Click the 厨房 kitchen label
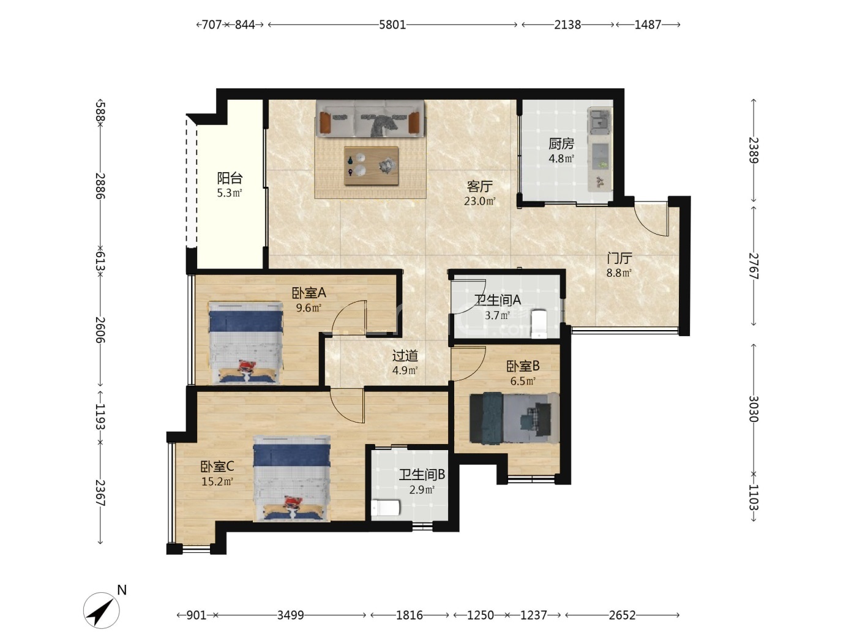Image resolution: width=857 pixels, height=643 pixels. coord(561,144)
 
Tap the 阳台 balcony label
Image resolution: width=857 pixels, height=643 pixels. coord(230,178)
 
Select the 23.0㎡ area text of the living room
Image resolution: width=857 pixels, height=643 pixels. coord(479,201)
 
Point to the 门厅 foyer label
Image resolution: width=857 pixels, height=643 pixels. coord(619,258)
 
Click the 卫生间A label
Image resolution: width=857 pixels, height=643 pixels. coord(498,300)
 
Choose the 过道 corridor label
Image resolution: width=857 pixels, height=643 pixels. coord(405,355)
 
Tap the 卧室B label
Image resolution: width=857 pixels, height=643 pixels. coord(523,366)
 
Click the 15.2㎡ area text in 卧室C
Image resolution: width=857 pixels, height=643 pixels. coord(217,481)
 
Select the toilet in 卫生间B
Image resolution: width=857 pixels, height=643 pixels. coord(386,508)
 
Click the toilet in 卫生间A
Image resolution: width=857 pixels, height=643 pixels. coord(539,324)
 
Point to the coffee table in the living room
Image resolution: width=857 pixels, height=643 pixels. coord(371,165)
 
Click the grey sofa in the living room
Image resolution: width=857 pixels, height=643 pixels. coord(370,119)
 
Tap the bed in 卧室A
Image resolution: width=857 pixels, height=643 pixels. coord(245,342)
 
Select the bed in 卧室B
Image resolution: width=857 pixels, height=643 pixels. coord(514,418)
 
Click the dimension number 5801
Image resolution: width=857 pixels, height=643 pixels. coord(392,24)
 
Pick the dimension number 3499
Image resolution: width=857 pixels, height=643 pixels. coord(291,615)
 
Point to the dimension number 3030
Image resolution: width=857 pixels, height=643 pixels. coord(753,409)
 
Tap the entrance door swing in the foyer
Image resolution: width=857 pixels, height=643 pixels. coord(651,219)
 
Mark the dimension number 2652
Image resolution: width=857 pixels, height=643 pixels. coord(623,615)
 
